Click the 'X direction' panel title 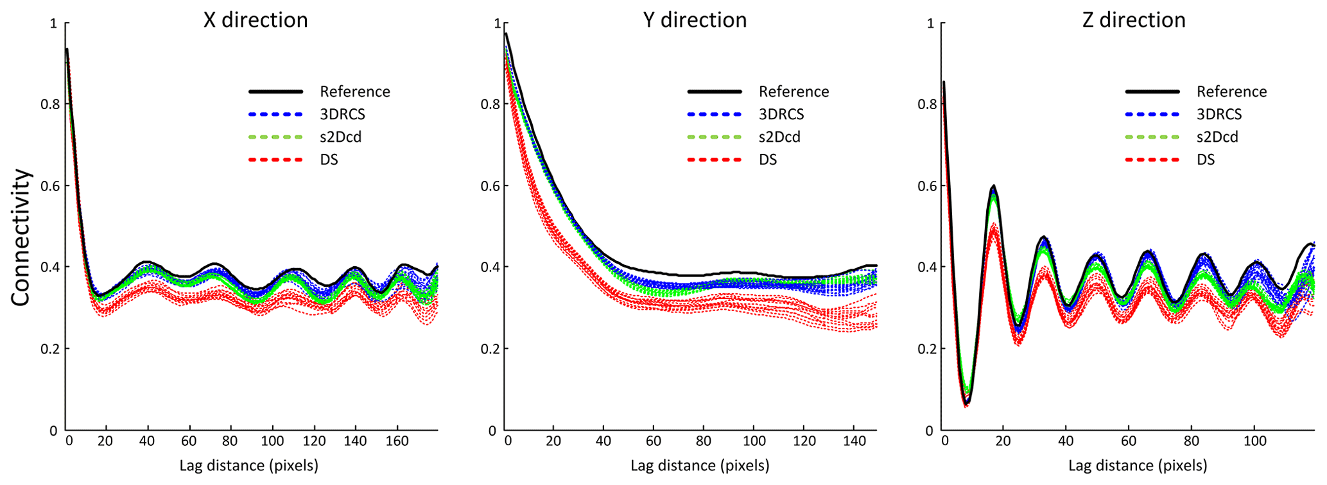(x=256, y=21)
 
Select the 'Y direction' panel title (x=695, y=21)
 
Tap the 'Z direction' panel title (x=1134, y=21)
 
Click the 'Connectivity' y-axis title (x=21, y=237)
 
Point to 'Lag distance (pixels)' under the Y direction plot (x=700, y=466)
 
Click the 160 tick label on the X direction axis (x=397, y=441)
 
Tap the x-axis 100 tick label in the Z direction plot (x=1254, y=441)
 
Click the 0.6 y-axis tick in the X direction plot (x=49, y=186)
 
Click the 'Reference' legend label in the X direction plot (x=355, y=92)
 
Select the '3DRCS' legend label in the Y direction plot (x=781, y=114)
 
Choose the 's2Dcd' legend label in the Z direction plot (x=1217, y=137)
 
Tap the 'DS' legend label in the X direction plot (x=329, y=159)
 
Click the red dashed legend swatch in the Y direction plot (x=715, y=159)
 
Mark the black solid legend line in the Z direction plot (x=1152, y=92)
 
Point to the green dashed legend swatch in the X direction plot (x=275, y=137)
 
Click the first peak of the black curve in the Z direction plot (x=994, y=186)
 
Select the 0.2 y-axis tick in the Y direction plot (x=488, y=349)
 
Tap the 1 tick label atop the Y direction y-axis (x=497, y=24)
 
